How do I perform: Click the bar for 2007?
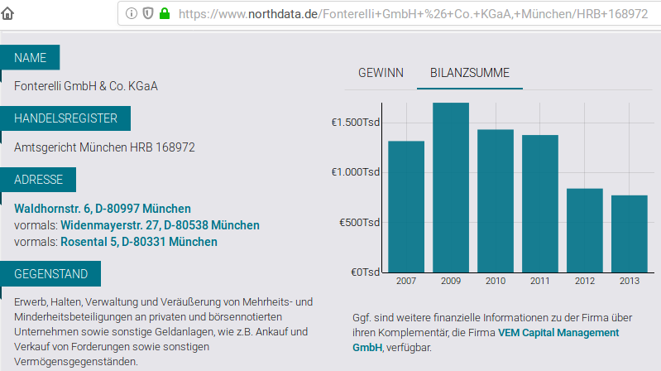click(406, 206)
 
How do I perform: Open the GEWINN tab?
click(381, 73)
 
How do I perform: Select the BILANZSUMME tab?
click(470, 73)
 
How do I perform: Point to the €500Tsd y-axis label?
click(358, 222)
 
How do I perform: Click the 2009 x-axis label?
click(451, 281)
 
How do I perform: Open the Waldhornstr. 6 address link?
click(103, 209)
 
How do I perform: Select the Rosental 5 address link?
click(139, 242)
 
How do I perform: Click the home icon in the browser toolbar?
click(8, 13)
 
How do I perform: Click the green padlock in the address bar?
click(164, 13)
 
